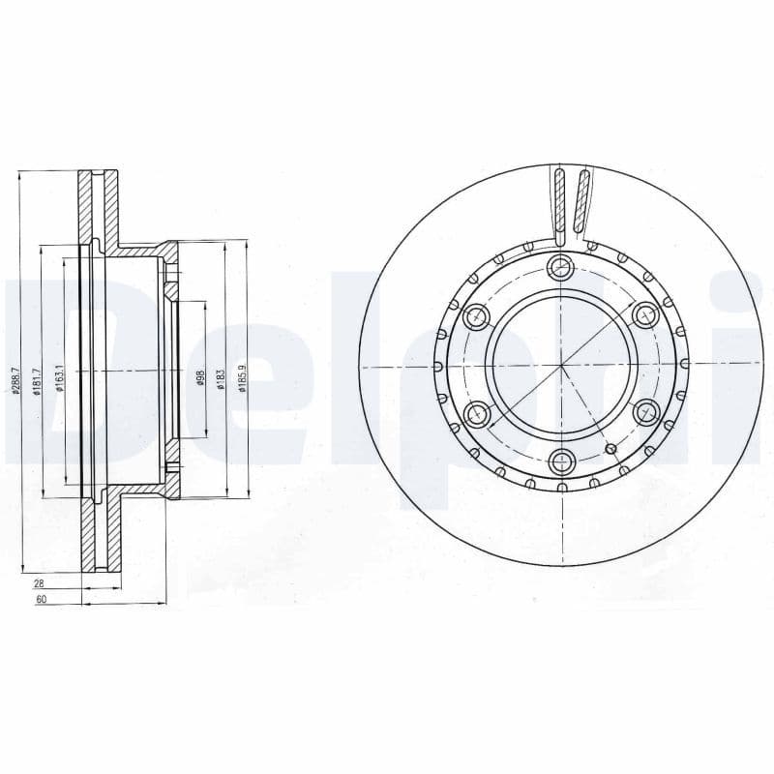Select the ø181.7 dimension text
point(36,381)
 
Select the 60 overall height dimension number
point(40,601)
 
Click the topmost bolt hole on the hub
point(561,268)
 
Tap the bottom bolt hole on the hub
point(561,462)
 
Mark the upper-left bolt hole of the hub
point(477,316)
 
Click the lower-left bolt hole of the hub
point(477,414)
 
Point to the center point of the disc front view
point(561,366)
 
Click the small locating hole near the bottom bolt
point(610,448)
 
